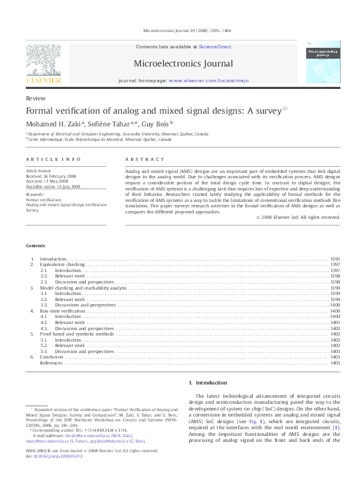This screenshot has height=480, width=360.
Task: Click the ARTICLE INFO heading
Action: point(53,159)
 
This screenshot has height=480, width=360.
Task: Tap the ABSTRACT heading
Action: point(145,159)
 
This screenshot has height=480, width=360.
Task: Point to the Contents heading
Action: point(35,245)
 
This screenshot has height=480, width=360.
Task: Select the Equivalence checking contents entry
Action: point(62,265)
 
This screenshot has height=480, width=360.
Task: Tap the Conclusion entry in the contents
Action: point(51,357)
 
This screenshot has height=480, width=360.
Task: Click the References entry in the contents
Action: point(52,363)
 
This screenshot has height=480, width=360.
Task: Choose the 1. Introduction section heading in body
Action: point(208,383)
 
